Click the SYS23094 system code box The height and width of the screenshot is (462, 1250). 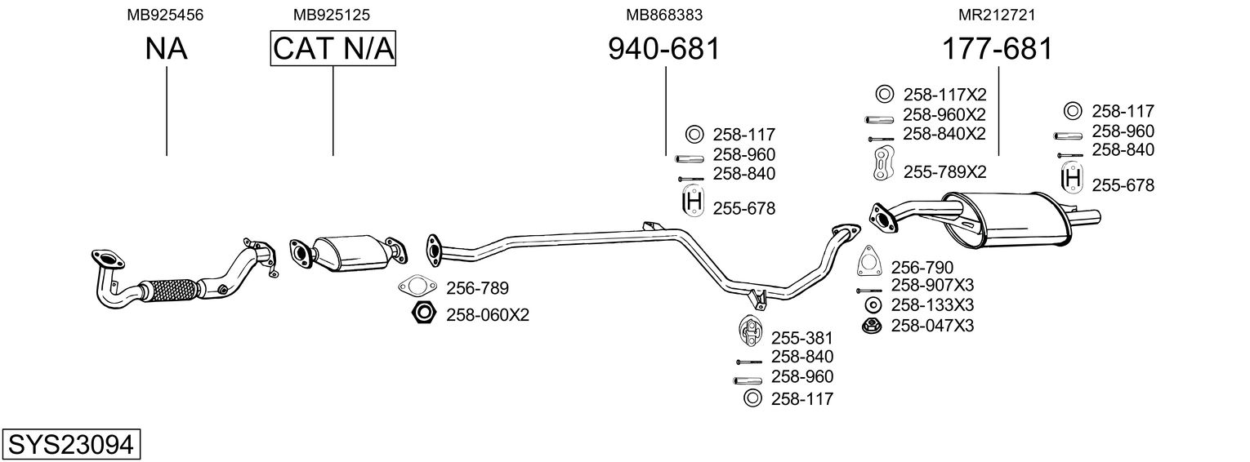tap(71, 445)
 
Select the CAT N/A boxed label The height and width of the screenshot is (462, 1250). tap(333, 49)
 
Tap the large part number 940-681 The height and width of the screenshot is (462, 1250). tap(664, 49)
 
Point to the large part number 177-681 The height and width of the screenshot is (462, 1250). tap(998, 49)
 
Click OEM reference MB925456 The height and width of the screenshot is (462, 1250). tap(166, 15)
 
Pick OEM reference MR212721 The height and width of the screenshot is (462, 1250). tap(998, 15)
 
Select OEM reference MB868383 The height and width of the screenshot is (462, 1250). tap(664, 15)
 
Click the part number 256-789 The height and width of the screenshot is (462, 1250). tap(477, 288)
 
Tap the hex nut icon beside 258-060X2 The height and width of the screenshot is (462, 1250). tap(422, 313)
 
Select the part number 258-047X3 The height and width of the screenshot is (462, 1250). tap(932, 326)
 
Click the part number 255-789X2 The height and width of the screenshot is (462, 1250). tap(944, 172)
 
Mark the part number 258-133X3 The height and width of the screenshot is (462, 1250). tap(932, 305)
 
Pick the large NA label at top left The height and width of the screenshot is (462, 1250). tap(167, 49)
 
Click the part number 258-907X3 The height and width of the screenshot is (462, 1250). tap(932, 285)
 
